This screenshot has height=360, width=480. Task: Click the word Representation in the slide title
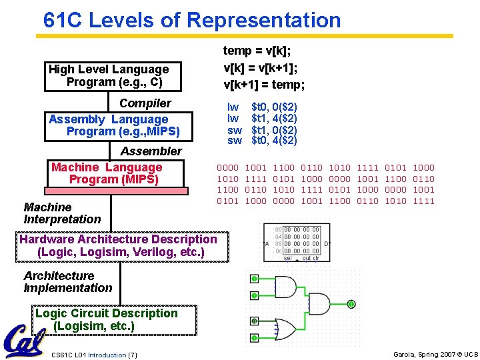pos(263,20)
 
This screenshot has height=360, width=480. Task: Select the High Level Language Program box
pos(109,76)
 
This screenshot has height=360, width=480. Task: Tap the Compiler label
pos(145,103)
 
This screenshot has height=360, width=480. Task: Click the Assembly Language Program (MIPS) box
pos(113,125)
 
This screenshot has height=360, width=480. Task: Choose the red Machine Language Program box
pos(107,174)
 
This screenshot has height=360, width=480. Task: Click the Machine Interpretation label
pos(62,213)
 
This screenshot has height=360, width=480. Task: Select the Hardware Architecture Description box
pos(119,245)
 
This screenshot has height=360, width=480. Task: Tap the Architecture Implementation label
pos(67,282)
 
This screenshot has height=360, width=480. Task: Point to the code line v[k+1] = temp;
pos(263,85)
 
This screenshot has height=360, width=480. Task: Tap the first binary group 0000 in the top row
pos(228,168)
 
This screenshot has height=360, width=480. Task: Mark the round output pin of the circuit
pos(351,304)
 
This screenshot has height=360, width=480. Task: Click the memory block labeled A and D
pos(297,243)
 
